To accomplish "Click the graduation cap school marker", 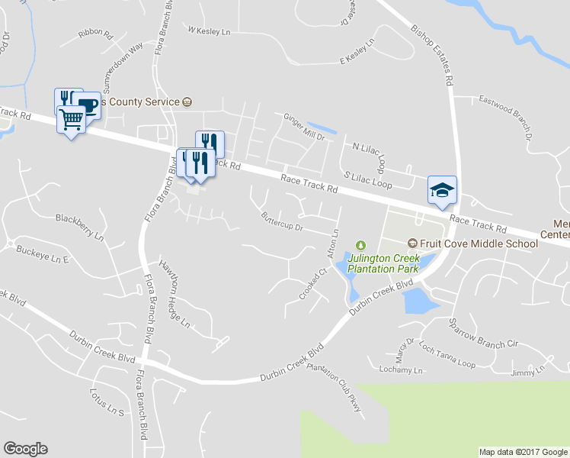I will tap(442, 191).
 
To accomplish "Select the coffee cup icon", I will tap(87, 105).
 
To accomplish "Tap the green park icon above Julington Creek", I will tap(360, 244).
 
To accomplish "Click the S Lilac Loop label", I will tap(367, 180).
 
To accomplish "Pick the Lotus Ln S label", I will tap(106, 404).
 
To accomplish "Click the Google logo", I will tap(25, 449).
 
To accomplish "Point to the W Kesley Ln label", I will tap(209, 31).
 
